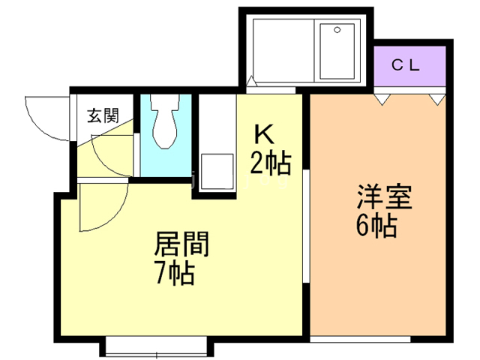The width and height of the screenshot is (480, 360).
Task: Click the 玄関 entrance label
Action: point(103,115)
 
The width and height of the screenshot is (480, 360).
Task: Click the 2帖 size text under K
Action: point(271,161)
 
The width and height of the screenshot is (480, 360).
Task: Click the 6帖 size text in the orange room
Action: point(377,226)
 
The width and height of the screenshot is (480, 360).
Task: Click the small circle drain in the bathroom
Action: point(337,31)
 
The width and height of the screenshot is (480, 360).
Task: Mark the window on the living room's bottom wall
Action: point(158,346)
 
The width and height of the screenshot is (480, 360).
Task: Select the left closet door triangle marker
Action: point(382,97)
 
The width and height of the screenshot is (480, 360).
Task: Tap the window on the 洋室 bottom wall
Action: point(381,337)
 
